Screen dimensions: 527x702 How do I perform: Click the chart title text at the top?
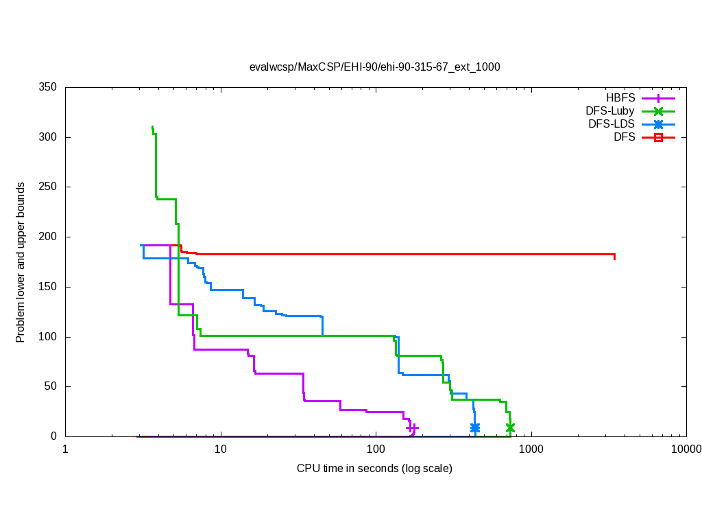click(x=374, y=67)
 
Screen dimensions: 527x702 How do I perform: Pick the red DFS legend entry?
click(x=624, y=137)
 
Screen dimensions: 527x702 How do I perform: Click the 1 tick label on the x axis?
click(x=65, y=449)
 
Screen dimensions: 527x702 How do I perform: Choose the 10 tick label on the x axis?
click(x=220, y=449)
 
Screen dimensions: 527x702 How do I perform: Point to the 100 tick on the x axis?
click(x=376, y=449)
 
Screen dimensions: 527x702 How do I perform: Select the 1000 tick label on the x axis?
click(x=531, y=449)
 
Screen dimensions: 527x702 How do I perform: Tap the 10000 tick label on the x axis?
click(x=686, y=449)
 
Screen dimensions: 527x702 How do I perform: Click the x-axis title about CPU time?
click(x=374, y=469)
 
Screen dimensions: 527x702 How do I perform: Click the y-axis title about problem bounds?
click(x=21, y=263)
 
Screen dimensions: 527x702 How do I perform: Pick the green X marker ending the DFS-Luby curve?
click(x=510, y=428)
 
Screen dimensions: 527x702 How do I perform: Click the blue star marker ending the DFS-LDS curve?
click(x=475, y=428)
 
